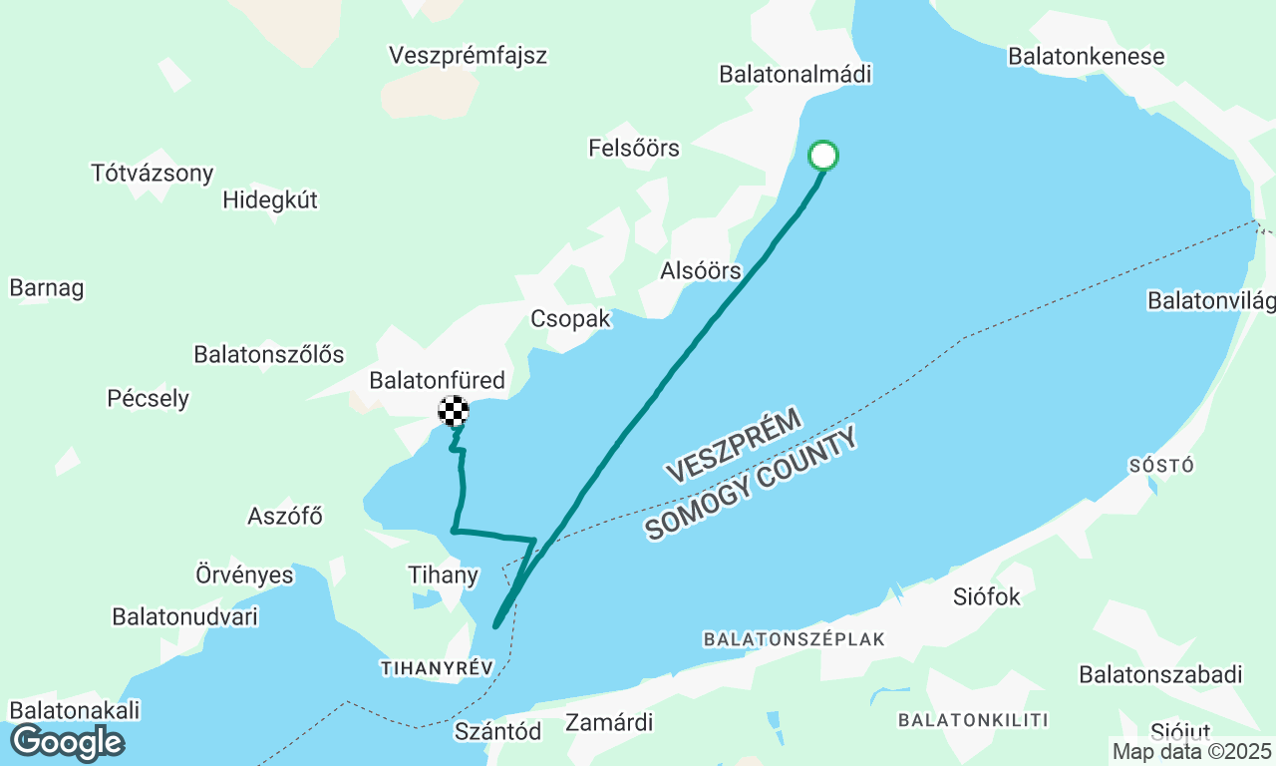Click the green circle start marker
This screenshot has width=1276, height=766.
click(822, 156)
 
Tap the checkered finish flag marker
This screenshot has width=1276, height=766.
click(454, 410)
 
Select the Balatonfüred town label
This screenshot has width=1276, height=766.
click(437, 380)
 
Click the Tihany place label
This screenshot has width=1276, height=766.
click(444, 575)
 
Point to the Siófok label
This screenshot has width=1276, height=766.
click(987, 597)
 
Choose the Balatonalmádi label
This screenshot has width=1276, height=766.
click(796, 74)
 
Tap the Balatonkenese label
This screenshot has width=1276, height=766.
click(1086, 56)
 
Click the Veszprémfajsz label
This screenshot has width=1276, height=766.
click(468, 55)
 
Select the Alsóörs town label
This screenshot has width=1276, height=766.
click(701, 270)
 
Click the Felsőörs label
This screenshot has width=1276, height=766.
click(634, 149)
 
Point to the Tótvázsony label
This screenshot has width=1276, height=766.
click(153, 173)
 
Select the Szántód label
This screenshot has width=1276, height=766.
click(497, 731)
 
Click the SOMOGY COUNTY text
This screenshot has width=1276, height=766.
click(751, 486)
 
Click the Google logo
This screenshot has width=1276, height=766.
click(67, 741)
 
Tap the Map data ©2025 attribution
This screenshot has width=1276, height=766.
click(1192, 751)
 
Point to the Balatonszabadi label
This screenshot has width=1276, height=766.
click(1160, 674)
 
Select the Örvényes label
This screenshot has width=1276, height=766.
click(244, 575)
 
